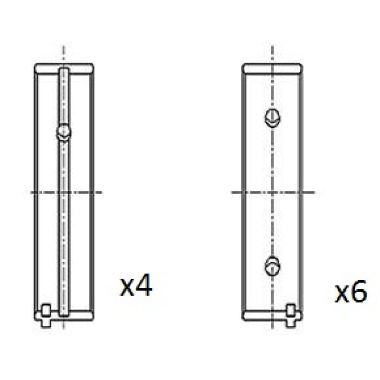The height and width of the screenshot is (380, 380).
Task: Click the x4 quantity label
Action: pyautogui.click(x=136, y=285)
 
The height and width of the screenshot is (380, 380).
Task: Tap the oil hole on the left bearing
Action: pyautogui.click(x=64, y=133)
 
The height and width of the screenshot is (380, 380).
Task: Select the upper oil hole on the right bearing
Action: pyautogui.click(x=273, y=118)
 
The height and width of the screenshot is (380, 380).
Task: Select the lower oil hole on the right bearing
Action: pyautogui.click(x=273, y=266)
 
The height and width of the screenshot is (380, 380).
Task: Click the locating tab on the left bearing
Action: pyautogui.click(x=46, y=315)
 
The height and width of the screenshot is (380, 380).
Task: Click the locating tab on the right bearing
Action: pyautogui.click(x=291, y=315)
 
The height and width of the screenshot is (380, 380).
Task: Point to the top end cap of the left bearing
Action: pyautogui.click(x=64, y=68)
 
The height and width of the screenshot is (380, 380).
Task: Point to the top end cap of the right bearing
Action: pyautogui.click(x=272, y=68)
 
